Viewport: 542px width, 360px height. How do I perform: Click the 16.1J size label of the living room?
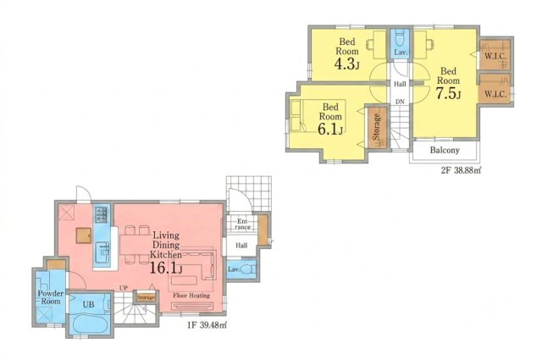tap(166, 268)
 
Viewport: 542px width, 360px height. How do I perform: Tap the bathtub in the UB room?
tap(91, 324)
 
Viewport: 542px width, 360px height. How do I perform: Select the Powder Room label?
tap(51, 297)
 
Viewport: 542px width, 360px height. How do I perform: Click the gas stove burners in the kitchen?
tap(102, 214)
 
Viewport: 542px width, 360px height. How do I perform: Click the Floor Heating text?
tap(191, 296)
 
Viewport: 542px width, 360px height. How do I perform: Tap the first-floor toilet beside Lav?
tap(248, 269)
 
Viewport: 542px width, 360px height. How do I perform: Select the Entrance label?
tap(243, 224)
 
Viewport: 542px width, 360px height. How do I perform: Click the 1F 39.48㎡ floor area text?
tap(207, 325)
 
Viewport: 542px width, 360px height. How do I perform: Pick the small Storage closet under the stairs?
tap(146, 297)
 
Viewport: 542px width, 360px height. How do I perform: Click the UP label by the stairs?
tap(124, 288)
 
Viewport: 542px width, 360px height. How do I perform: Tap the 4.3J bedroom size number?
tap(346, 64)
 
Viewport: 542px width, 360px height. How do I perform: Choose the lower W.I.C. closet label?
tap(495, 94)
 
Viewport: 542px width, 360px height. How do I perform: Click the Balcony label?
tap(445, 151)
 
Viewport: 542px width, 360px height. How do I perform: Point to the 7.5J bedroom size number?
tap(448, 93)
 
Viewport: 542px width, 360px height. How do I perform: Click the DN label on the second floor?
tap(400, 102)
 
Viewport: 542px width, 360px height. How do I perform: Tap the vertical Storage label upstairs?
tap(376, 127)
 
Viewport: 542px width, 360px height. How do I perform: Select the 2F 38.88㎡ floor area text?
tap(461, 170)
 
